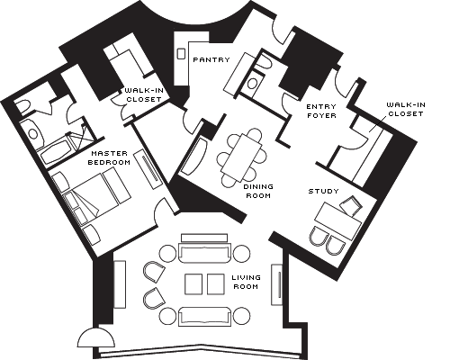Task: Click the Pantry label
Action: pyautogui.click(x=211, y=59)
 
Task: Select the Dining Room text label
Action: pyautogui.click(x=258, y=191)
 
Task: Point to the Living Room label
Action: pyautogui.click(x=246, y=282)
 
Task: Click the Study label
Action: pyautogui.click(x=324, y=191)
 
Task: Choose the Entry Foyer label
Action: pyautogui.click(x=321, y=111)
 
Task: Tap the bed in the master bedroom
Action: pyautogui.click(x=97, y=195)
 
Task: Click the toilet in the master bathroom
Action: pyautogui.click(x=22, y=107)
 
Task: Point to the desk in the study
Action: pyautogui.click(x=337, y=220)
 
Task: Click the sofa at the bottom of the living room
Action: pyautogui.click(x=205, y=317)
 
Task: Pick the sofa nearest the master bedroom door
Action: pyautogui.click(x=205, y=253)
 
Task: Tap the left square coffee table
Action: pyautogui.click(x=193, y=283)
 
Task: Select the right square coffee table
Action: pyautogui.click(x=216, y=283)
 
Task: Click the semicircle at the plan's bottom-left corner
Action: pyautogui.click(x=96, y=339)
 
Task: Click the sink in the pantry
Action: pyautogui.click(x=181, y=54)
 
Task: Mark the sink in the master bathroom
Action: pyautogui.click(x=33, y=134)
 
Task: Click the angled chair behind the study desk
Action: pyautogui.click(x=350, y=206)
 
